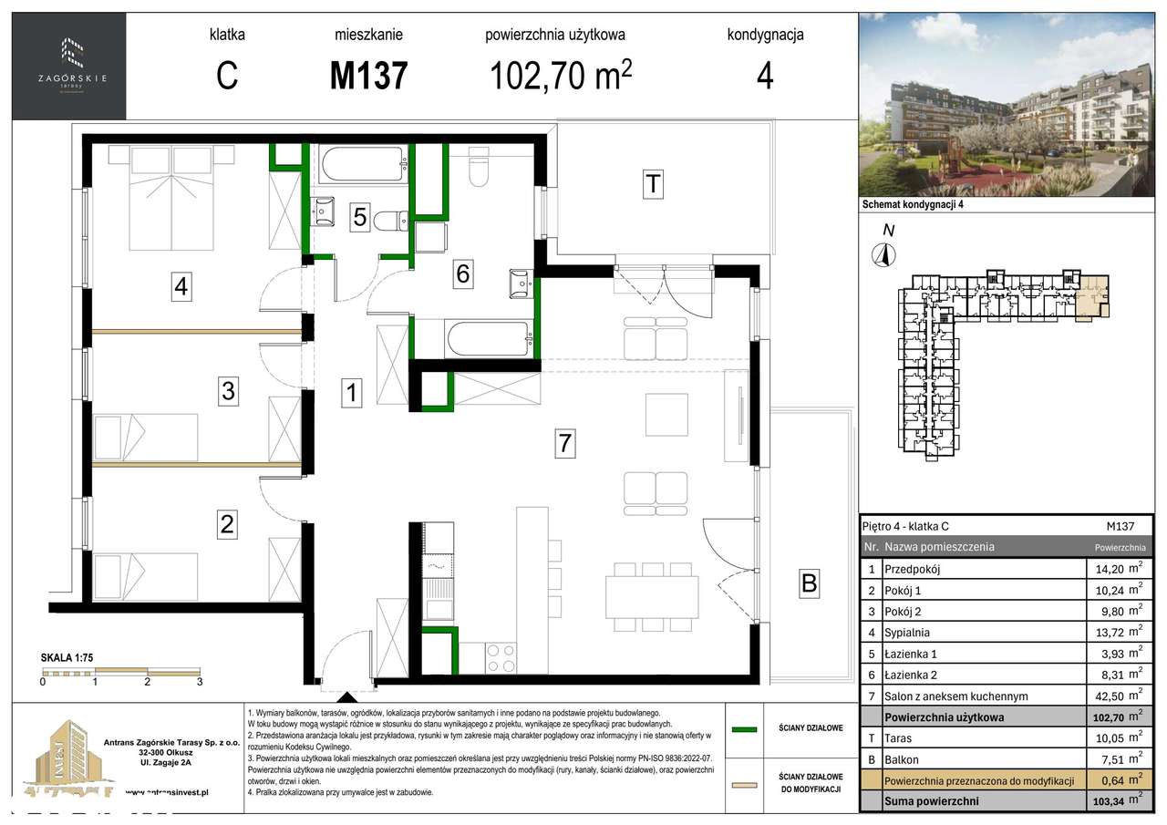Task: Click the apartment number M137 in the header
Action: tap(368, 76)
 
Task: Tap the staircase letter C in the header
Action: tap(227, 76)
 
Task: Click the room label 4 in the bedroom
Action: tap(181, 287)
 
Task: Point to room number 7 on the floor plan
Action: tap(565, 444)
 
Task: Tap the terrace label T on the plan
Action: tap(652, 185)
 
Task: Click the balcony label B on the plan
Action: tap(809, 583)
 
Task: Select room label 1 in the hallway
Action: tap(353, 393)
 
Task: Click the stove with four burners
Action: tap(501, 656)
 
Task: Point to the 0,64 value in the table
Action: tap(1113, 780)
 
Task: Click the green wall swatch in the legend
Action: tap(745, 728)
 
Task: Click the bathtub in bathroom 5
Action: tap(363, 166)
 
